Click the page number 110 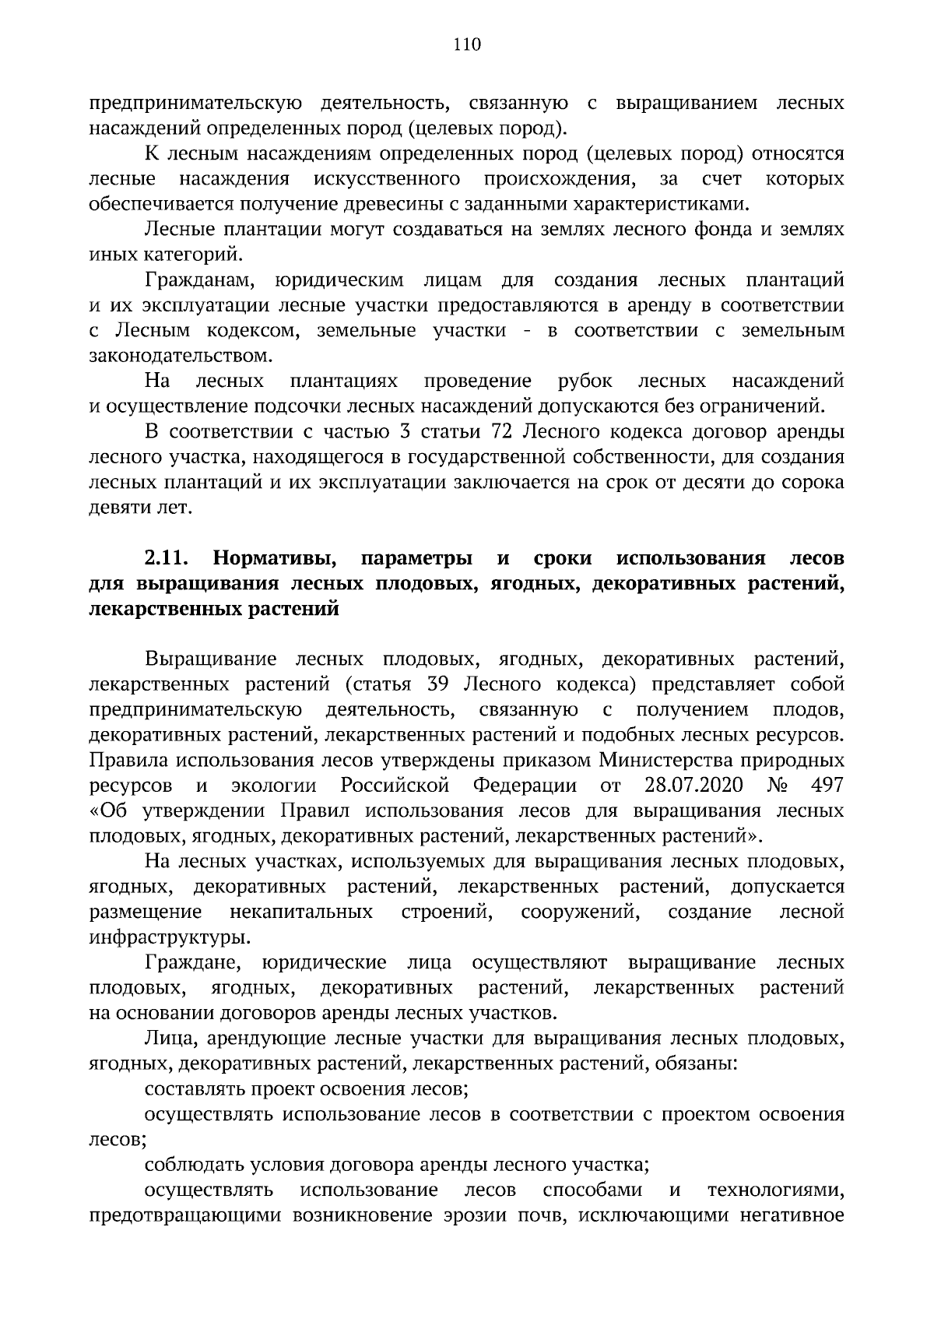pyautogui.click(x=467, y=44)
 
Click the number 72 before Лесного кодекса pyautogui.click(x=505, y=432)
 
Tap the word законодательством pyautogui.click(x=181, y=357)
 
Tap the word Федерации pyautogui.click(x=525, y=784)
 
